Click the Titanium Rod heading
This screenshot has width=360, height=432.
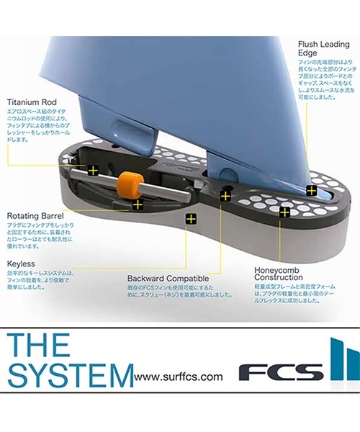32,102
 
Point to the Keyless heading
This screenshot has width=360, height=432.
22,264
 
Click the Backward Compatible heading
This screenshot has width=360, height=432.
168,278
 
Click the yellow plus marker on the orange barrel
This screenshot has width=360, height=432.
138,205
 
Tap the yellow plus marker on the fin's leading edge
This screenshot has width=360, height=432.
310,190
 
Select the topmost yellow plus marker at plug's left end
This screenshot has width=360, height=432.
92,171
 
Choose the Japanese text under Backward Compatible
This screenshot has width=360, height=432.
169,292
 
